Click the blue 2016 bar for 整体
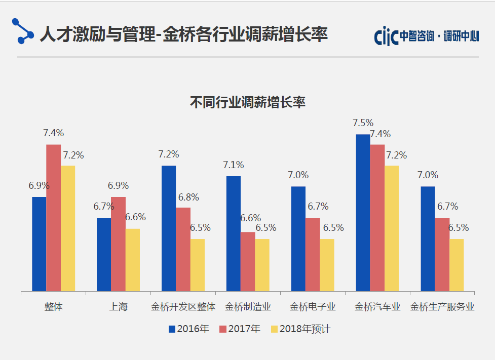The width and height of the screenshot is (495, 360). (x=39, y=244)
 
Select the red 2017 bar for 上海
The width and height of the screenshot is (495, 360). (x=118, y=244)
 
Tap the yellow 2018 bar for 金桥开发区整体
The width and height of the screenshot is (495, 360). (x=198, y=265)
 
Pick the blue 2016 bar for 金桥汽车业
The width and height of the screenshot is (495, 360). (x=363, y=213)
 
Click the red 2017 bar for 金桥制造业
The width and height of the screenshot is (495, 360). (x=248, y=262)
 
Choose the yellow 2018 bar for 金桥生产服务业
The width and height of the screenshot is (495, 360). (x=456, y=265)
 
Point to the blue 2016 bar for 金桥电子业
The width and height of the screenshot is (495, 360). (x=298, y=239)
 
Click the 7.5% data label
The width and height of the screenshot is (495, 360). (x=363, y=123)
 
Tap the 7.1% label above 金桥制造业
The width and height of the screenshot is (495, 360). (x=233, y=165)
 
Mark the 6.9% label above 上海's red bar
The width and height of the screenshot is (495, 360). (x=118, y=186)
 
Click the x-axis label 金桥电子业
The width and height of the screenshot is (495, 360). (x=313, y=307)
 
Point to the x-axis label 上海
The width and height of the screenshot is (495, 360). (x=118, y=307)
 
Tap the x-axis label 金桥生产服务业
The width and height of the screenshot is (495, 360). (x=442, y=307)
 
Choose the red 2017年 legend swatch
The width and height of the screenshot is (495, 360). (x=223, y=329)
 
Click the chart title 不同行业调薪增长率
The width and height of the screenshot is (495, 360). (x=248, y=102)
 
